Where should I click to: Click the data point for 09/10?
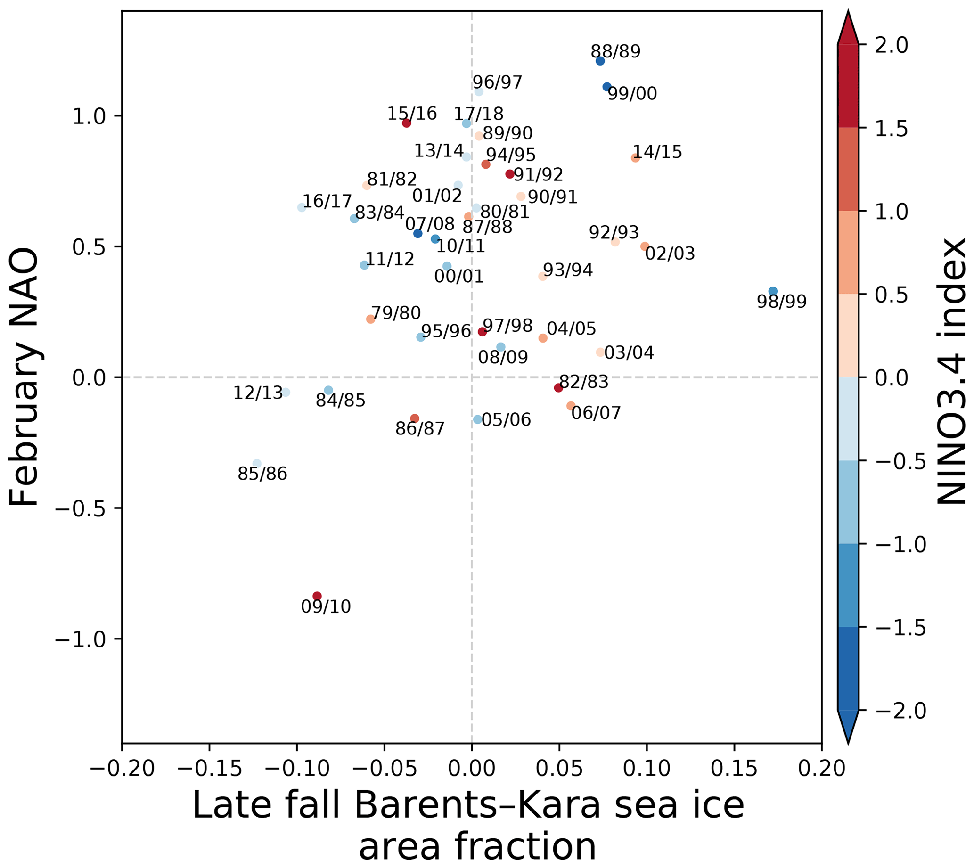click(317, 596)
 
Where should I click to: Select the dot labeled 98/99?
click(773, 291)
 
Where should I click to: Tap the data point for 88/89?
click(600, 61)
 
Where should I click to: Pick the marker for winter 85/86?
click(257, 464)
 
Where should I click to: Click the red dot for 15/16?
click(406, 123)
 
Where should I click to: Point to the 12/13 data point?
click(285, 392)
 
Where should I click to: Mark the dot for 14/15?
click(635, 158)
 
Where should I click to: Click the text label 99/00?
click(632, 94)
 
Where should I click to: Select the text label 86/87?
click(420, 429)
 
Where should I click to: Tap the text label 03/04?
click(629, 353)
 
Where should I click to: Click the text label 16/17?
click(327, 201)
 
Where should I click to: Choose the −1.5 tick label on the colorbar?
click(900, 628)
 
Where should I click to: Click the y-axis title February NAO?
click(24, 377)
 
